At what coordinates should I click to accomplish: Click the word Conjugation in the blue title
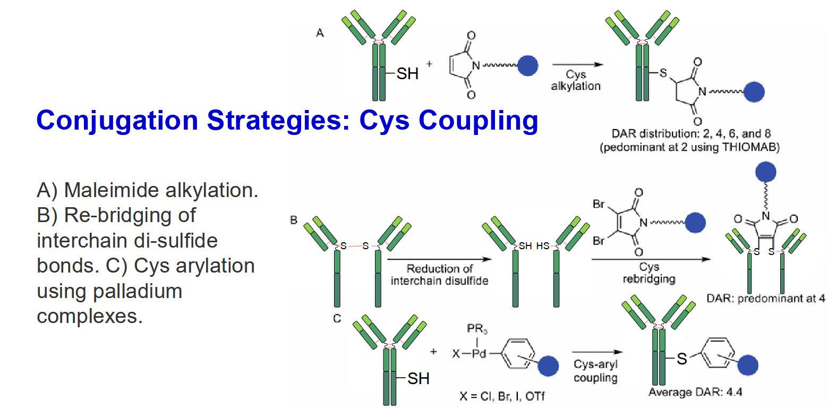click(x=117, y=121)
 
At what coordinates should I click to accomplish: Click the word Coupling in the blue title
click(x=479, y=121)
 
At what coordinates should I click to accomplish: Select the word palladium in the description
click(x=137, y=291)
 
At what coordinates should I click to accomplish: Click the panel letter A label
click(x=320, y=33)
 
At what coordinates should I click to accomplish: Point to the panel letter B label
click(x=294, y=220)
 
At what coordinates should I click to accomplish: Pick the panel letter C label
click(x=337, y=318)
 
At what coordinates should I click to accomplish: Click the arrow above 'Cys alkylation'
click(x=577, y=64)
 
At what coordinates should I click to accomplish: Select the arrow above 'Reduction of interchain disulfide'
click(x=439, y=259)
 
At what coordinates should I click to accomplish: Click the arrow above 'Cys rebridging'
click(x=651, y=259)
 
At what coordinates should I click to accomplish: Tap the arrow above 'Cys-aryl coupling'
click(x=597, y=352)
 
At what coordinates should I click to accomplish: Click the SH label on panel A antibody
click(x=407, y=74)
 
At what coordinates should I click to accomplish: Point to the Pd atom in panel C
click(x=479, y=354)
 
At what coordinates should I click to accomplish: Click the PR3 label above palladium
click(x=477, y=328)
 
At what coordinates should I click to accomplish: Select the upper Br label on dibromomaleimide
click(x=599, y=203)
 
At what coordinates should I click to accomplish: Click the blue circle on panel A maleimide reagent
click(x=528, y=66)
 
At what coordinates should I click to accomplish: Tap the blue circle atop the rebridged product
click(x=765, y=172)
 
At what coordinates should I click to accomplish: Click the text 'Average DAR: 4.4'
click(x=695, y=392)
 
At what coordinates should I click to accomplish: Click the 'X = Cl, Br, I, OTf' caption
click(x=502, y=396)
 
